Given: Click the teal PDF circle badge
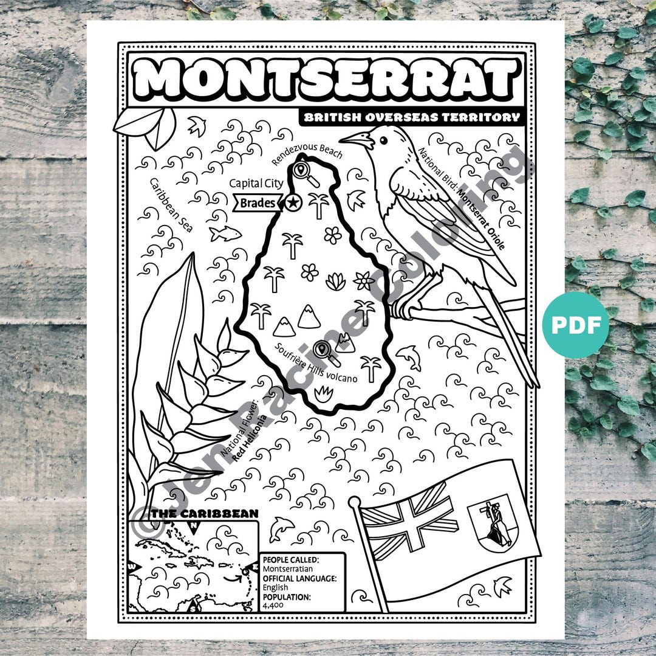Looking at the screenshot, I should [575, 325].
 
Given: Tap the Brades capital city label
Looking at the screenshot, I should [258, 203].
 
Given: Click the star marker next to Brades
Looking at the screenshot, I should [293, 202].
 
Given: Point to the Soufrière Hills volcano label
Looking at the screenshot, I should [315, 364].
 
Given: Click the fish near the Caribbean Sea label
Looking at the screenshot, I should [225, 233].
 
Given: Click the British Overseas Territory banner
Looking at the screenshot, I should [411, 117].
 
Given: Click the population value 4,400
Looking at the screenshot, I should [269, 606].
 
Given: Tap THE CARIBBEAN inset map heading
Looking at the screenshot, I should [205, 514].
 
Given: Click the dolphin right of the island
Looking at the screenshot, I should [409, 357].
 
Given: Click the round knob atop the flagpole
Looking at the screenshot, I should [355, 502].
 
